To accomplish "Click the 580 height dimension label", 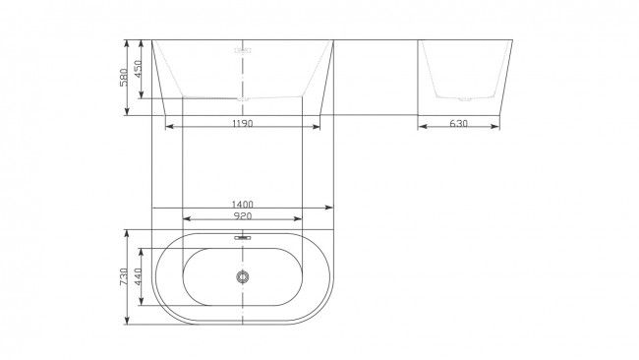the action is pos(124,77).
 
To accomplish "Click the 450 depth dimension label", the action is pos(138,69).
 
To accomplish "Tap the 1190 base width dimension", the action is pos(243,123).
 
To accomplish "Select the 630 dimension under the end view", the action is pos(458,123).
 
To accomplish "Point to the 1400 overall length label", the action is pos(243,205).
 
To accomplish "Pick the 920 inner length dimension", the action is pos(243,215).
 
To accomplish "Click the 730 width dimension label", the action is pos(124,276).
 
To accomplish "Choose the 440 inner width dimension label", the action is pos(138,276).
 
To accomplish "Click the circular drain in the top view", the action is pos(243,276).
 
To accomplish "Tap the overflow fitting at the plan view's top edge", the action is pos(243,237).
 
